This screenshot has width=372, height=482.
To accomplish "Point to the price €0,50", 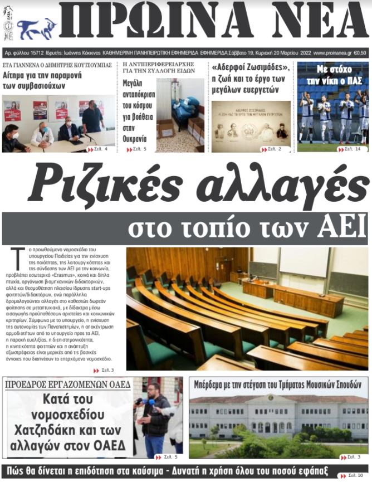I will (x=360, y=53).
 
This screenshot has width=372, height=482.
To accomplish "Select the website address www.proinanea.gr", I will (x=332, y=53).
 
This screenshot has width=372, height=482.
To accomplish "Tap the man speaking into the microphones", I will (x=156, y=415).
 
